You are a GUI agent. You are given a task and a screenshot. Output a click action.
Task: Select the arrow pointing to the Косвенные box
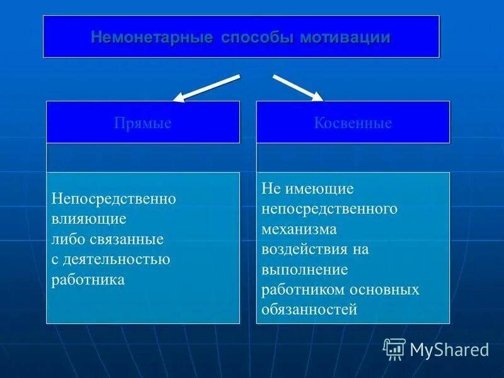[297, 87]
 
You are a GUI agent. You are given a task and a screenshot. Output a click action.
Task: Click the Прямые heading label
[142, 123]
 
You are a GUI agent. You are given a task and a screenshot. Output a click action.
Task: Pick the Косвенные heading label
[353, 123]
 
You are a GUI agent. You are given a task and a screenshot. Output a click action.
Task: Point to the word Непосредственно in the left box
[113, 198]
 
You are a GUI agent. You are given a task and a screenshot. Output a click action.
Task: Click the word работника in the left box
[88, 279]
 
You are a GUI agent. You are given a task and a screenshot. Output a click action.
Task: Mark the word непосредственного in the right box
[329, 209]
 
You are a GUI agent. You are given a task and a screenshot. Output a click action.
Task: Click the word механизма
[299, 229]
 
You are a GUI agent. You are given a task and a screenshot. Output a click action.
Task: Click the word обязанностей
[309, 309]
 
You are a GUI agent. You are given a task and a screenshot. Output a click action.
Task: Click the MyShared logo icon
[394, 348]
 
